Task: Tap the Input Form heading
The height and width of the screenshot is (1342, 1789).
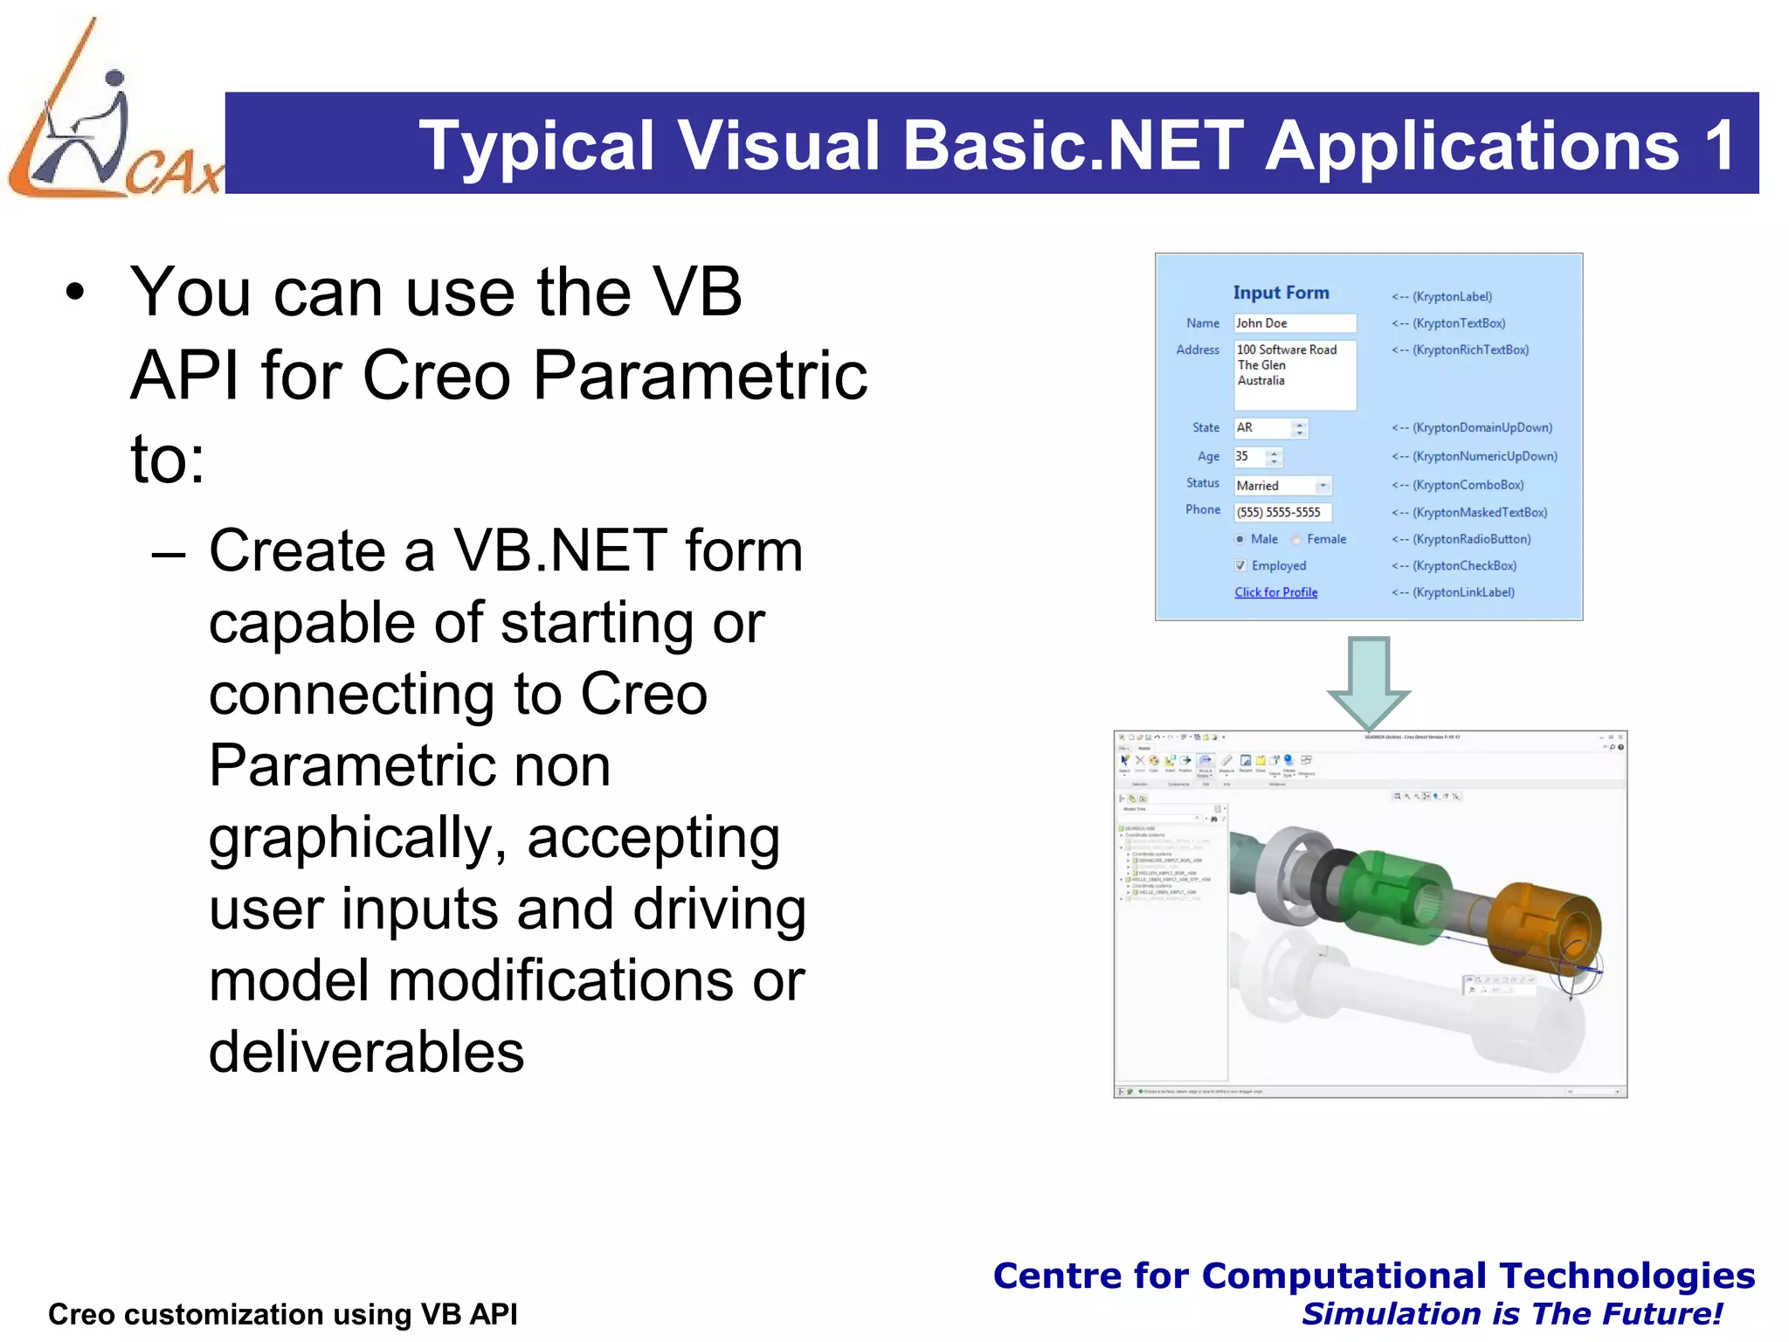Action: coord(1281,293)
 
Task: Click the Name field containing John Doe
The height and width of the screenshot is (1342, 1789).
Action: coord(1294,323)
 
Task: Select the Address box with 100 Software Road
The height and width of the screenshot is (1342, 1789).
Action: coord(1294,375)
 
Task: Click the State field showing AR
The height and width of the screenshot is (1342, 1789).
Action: coord(1262,428)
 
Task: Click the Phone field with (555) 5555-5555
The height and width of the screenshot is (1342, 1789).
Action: coord(1281,513)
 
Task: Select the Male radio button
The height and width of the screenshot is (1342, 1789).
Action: coord(1240,540)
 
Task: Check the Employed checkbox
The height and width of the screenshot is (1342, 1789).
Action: coord(1240,566)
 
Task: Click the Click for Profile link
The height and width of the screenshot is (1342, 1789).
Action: coord(1275,592)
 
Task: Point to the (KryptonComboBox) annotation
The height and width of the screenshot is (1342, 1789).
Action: coord(1468,485)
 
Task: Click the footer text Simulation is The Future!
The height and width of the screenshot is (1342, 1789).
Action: coord(1511,1314)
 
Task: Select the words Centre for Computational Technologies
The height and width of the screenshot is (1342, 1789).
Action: coord(1373,1276)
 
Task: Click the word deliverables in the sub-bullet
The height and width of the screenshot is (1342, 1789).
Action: coord(366,1052)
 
